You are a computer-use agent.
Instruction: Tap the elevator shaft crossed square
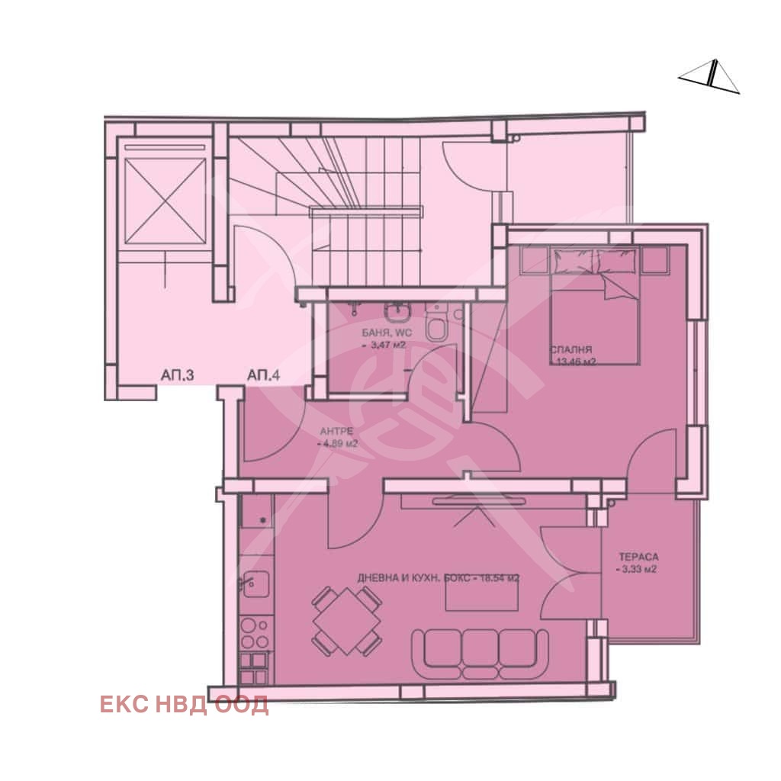click(164, 196)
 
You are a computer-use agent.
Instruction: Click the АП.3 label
click(178, 375)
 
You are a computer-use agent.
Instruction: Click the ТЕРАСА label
click(638, 557)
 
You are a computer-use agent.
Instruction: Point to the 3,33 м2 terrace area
click(638, 569)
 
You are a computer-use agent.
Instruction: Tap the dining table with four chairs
click(347, 621)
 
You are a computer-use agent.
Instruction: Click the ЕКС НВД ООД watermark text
click(184, 705)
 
